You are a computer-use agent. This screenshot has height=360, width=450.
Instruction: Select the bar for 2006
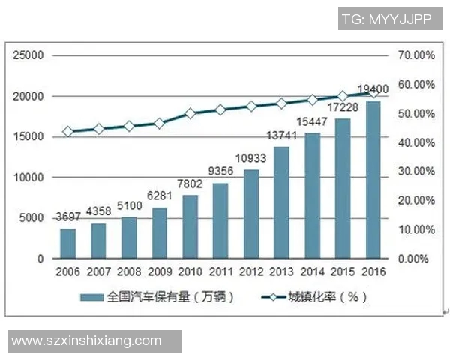pyautogui.click(x=68, y=244)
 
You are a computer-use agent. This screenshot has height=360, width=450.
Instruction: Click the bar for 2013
pyautogui.click(x=282, y=202)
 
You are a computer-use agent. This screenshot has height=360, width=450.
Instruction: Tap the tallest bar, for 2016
pyautogui.click(x=373, y=180)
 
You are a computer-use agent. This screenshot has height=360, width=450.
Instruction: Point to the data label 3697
pyautogui.click(x=68, y=217)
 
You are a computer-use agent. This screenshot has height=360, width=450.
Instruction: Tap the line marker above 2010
pyautogui.click(x=190, y=113)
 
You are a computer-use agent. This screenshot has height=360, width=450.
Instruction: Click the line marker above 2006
pyautogui.click(x=68, y=131)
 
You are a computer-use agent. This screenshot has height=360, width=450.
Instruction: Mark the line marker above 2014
pyautogui.click(x=313, y=100)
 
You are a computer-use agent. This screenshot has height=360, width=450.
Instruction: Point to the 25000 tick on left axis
pyautogui.click(x=29, y=55)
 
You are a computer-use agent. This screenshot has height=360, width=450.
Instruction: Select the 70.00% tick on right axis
pyautogui.click(x=416, y=55)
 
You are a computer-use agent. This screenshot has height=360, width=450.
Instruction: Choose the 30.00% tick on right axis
pyautogui.click(x=416, y=172)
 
